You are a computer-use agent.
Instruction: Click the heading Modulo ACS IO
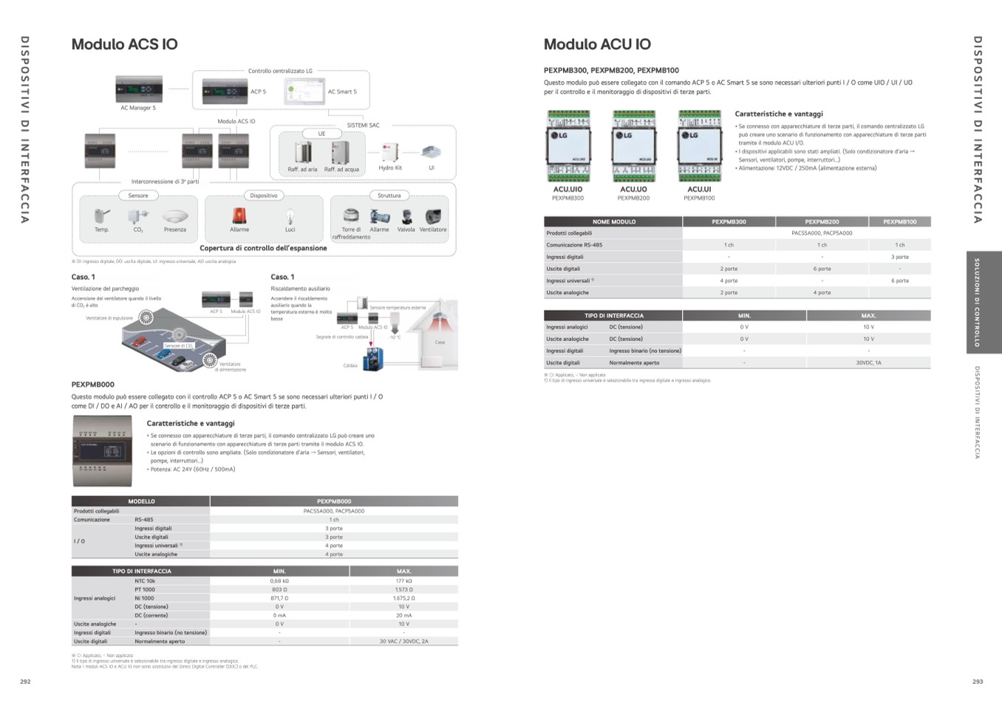click(124, 44)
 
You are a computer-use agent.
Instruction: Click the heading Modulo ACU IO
click(597, 44)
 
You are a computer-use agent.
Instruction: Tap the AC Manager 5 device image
click(139, 89)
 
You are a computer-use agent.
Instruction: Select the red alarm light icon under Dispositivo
click(239, 216)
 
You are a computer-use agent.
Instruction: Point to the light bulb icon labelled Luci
click(290, 216)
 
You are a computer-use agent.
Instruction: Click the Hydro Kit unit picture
click(389, 152)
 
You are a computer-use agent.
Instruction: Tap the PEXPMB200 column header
click(822, 221)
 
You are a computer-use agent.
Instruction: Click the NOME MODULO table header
click(613, 221)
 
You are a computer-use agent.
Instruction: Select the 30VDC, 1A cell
click(868, 362)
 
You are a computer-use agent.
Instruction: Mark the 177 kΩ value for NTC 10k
click(403, 581)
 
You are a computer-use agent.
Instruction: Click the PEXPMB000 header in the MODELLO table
click(334, 501)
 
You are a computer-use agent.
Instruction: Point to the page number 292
click(25, 681)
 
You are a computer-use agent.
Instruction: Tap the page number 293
click(978, 681)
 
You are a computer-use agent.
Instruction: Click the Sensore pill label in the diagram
click(138, 196)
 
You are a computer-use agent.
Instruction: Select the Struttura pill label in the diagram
click(389, 196)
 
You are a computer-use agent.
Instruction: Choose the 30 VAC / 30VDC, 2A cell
click(403, 642)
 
